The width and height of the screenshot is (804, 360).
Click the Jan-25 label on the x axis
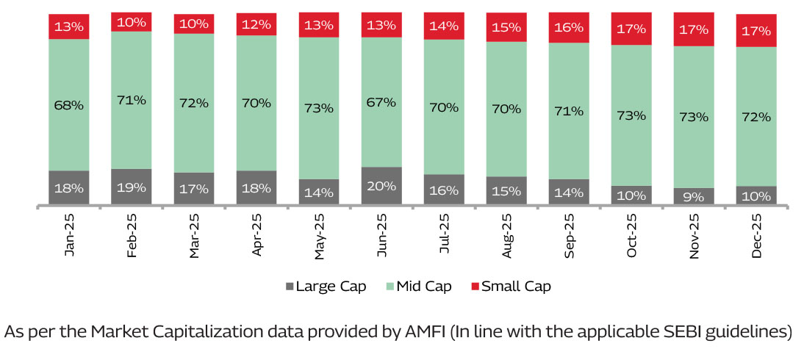pos(70,237)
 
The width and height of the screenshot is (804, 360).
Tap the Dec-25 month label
pos(756,237)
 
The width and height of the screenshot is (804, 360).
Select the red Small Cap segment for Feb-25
pos(132,22)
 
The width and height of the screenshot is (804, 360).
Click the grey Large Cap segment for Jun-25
pos(381,186)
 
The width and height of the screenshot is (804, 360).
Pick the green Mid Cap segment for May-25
pos(319,108)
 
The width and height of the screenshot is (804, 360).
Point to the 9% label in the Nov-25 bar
pos(694,197)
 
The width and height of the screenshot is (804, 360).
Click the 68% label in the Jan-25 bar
pos(69,105)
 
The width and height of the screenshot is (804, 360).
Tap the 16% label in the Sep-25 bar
pos(569,28)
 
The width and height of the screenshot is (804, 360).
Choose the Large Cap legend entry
pos(323,287)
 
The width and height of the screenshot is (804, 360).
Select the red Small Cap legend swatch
pos(473,287)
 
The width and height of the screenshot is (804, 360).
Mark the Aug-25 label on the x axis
pos(506,237)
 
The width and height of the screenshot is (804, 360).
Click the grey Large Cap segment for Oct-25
pos(631,195)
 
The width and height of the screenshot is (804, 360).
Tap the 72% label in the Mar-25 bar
pos(194,103)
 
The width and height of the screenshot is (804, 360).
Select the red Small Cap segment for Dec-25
pos(756,31)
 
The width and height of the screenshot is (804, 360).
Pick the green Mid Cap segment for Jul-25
pos(444,107)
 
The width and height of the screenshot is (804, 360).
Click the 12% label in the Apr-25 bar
pos(256,25)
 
